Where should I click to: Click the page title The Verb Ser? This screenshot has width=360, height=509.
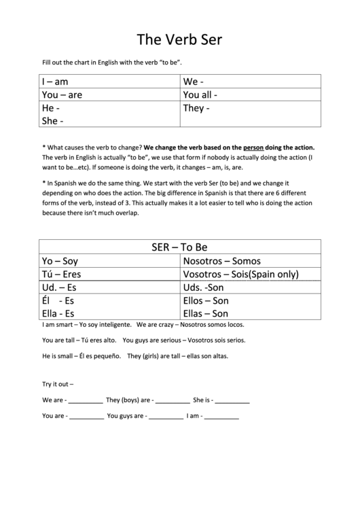tap(179, 39)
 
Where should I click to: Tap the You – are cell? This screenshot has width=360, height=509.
tap(62, 95)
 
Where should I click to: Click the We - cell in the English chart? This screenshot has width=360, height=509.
tap(194, 82)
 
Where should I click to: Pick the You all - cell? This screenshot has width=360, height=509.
tap(200, 95)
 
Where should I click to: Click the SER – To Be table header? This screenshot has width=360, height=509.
tap(179, 247)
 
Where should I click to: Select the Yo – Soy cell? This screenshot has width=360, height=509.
tap(60, 261)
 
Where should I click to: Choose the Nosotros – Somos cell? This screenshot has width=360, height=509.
tap(221, 261)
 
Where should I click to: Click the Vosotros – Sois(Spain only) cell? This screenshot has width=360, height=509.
tap(241, 274)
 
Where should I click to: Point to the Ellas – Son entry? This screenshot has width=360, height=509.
tap(206, 313)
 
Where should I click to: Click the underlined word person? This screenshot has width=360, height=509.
tap(253, 147)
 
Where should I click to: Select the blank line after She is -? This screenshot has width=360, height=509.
tap(232, 402)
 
